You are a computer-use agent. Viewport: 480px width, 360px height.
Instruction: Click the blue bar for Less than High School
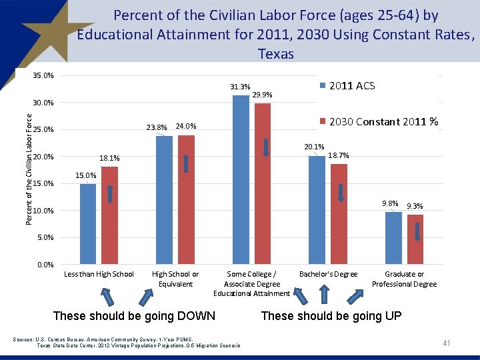pos(88,224)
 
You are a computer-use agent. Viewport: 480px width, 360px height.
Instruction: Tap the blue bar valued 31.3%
pos(240,180)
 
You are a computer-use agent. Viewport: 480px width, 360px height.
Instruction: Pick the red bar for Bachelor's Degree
pos(339,214)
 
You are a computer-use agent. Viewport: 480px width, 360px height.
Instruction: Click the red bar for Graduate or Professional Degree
pos(415,239)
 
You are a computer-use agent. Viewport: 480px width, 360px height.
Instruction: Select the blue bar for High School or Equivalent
pos(164,200)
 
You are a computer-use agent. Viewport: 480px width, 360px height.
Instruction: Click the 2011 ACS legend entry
pos(352,85)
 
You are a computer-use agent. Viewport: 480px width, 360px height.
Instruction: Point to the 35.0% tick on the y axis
pos(43,75)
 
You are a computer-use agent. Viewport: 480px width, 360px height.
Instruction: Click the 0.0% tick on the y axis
pos(45,265)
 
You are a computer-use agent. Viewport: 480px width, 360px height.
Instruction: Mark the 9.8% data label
pos(390,203)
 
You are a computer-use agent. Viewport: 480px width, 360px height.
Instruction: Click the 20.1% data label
pos(314,147)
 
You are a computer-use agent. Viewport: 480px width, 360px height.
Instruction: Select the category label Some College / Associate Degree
pos(251,279)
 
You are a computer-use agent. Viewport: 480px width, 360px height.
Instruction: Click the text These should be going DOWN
pos(134,316)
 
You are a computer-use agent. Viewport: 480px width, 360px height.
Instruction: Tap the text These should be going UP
pos(331,316)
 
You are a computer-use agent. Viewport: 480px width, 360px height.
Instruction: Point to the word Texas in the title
pos(275,54)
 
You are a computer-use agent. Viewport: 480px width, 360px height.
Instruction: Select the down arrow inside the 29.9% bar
pos(265,147)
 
